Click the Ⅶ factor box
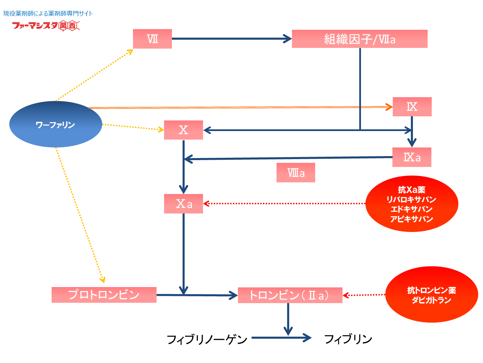152,39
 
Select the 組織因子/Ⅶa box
359,39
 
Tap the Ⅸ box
412,107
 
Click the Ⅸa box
412,157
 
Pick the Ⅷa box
296,173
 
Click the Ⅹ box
183,130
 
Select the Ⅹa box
183,204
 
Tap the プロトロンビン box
104,295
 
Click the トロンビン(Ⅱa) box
290,295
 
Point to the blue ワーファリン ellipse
55,125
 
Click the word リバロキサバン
412,199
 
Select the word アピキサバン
412,219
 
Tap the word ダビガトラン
431,300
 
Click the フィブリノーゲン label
207,339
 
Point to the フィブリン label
348,339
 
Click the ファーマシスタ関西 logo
46,26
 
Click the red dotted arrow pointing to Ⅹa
284,204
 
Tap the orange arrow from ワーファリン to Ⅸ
239,107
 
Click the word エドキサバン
412,209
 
